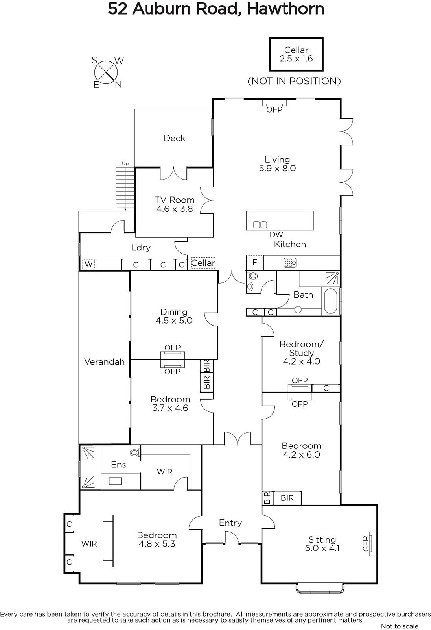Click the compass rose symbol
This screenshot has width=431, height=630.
tap(106, 72)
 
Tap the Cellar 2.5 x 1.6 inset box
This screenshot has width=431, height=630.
tap(296, 54)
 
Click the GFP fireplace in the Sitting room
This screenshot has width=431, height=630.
tap(372, 548)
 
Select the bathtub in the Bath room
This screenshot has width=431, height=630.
tap(331, 301)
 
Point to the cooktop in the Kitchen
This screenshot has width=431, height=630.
tap(290, 263)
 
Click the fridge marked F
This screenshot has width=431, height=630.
tap(254, 262)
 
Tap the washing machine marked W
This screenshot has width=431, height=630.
tap(88, 264)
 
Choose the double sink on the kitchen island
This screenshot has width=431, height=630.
tap(260, 225)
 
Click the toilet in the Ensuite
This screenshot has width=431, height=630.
tap(135, 452)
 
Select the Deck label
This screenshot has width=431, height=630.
tap(175, 138)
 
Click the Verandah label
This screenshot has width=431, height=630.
tap(104, 362)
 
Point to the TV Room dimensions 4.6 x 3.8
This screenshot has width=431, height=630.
tap(175, 209)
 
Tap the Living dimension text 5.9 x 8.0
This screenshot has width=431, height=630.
tap(277, 168)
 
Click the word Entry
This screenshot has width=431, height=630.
tap(230, 523)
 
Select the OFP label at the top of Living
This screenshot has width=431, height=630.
tap(274, 110)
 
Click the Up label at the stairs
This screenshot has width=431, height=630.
tap(125, 164)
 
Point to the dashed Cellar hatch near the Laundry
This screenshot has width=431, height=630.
tap(203, 263)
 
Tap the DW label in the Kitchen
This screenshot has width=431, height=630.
tap(276, 235)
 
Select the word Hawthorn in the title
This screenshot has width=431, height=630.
tap(285, 9)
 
